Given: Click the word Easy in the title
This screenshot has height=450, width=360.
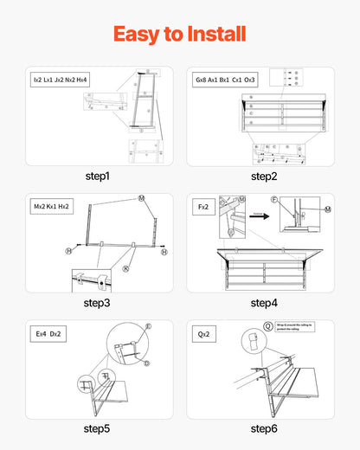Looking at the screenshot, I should pyautogui.click(x=140, y=34).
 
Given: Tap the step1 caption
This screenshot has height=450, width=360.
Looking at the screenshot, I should pyautogui.click(x=97, y=176).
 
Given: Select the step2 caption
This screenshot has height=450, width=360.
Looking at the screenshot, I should pyautogui.click(x=263, y=176).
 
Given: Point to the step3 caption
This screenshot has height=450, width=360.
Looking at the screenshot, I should pyautogui.click(x=97, y=303).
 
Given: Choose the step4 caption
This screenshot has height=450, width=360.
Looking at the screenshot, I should pyautogui.click(x=263, y=303).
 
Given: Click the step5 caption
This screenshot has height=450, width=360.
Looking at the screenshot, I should pyautogui.click(x=97, y=428).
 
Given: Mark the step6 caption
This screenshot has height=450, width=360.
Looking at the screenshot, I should pyautogui.click(x=263, y=428).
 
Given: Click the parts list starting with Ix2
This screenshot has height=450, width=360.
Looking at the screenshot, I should pyautogui.click(x=60, y=80).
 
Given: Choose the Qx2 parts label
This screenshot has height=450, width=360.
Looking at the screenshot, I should pyautogui.click(x=204, y=332).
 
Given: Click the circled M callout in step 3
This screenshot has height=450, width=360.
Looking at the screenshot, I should pyautogui.click(x=141, y=199).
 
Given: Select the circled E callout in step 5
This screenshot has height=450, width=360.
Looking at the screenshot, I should pyautogui.click(x=148, y=327).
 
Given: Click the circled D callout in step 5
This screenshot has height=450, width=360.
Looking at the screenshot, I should pyautogui.click(x=146, y=363).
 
